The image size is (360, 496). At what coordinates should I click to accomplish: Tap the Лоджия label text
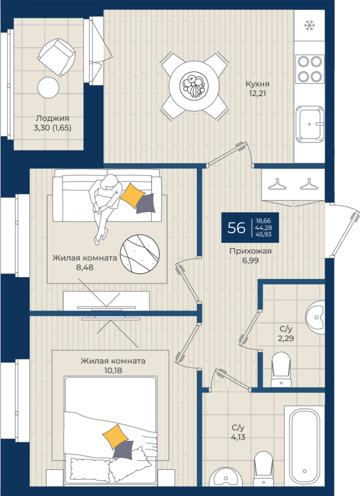(52, 119)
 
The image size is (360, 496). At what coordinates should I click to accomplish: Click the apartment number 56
(236, 227)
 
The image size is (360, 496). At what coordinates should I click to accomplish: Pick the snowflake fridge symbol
(308, 25)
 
